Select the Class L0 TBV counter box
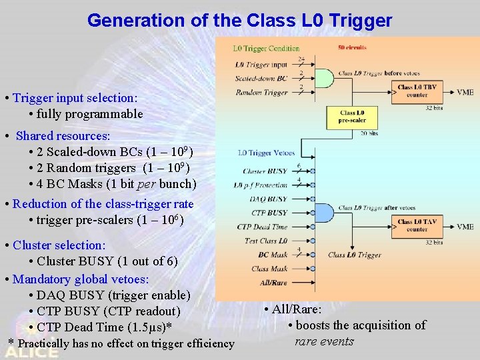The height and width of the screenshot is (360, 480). click(417, 91)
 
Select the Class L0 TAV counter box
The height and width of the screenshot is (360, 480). click(417, 226)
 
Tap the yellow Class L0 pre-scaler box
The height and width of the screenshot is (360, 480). click(351, 117)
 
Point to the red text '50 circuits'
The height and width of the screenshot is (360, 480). click(352, 47)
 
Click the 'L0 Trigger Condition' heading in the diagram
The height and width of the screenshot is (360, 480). click(266, 48)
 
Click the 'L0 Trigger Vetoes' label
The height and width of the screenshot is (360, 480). click(266, 153)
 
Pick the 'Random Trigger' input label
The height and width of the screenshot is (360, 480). click(261, 93)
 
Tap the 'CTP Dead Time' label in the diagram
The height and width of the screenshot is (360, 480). click(262, 227)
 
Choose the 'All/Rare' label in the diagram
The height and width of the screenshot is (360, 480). click(273, 283)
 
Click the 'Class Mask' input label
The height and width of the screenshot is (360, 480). click(269, 269)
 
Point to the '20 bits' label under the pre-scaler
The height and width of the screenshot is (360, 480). click(369, 133)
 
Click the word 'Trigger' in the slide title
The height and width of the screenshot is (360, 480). click(357, 21)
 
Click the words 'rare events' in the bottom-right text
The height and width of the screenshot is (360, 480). click(324, 341)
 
